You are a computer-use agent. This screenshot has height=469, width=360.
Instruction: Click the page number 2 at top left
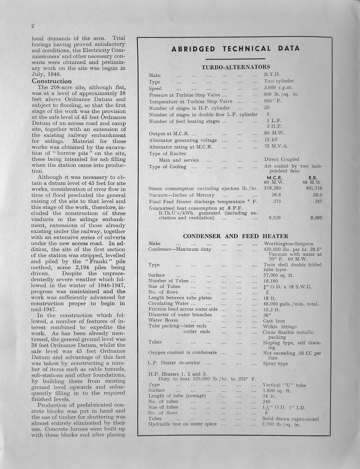[33, 26]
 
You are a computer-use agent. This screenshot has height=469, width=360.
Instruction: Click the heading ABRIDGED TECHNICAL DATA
[235, 49]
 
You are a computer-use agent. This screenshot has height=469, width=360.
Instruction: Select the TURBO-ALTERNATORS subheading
[236, 67]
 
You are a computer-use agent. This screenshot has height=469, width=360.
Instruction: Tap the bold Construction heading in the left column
[52, 81]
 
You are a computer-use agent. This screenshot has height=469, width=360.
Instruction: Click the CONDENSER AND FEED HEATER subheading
[236, 236]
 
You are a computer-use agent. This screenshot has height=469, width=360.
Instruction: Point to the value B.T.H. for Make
[272, 74]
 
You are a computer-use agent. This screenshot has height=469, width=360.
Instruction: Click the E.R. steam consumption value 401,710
[314, 188]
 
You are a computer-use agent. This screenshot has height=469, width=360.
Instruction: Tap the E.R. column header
[314, 177]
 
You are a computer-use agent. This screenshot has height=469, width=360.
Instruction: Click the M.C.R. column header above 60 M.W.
[274, 177]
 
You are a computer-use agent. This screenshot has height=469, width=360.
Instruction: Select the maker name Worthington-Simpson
[288, 243]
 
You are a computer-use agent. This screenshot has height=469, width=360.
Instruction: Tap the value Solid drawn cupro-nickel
[290, 418]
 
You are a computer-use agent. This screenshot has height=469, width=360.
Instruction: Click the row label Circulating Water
[169, 303]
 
